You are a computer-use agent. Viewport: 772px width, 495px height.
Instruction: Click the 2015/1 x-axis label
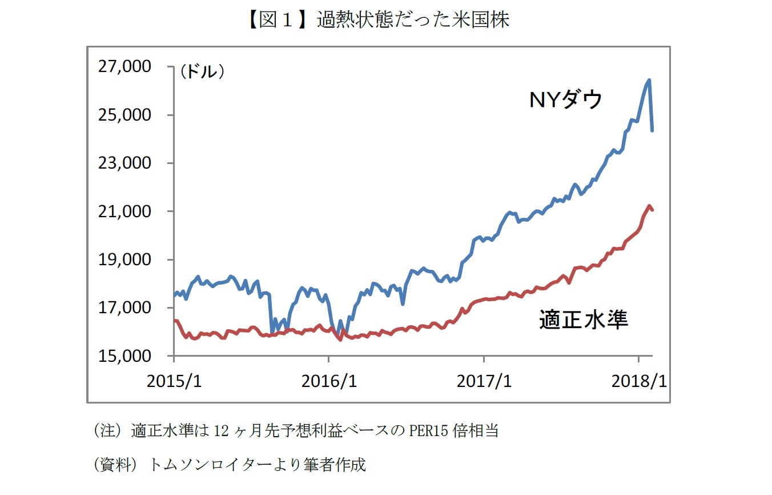point(174,381)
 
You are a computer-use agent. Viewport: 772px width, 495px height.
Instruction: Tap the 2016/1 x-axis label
point(329,381)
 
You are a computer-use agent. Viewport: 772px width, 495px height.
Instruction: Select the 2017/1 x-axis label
point(484,381)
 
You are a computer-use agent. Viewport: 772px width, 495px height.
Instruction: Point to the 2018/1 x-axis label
point(638,381)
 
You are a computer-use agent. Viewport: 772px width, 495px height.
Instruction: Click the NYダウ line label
point(566,101)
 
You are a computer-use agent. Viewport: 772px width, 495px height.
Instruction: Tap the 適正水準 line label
point(584,320)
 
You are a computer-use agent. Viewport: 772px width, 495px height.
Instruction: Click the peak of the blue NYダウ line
point(649,80)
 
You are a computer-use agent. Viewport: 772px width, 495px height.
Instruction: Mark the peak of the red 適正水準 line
point(649,206)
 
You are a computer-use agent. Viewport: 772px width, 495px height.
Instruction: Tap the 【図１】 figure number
point(272,21)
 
